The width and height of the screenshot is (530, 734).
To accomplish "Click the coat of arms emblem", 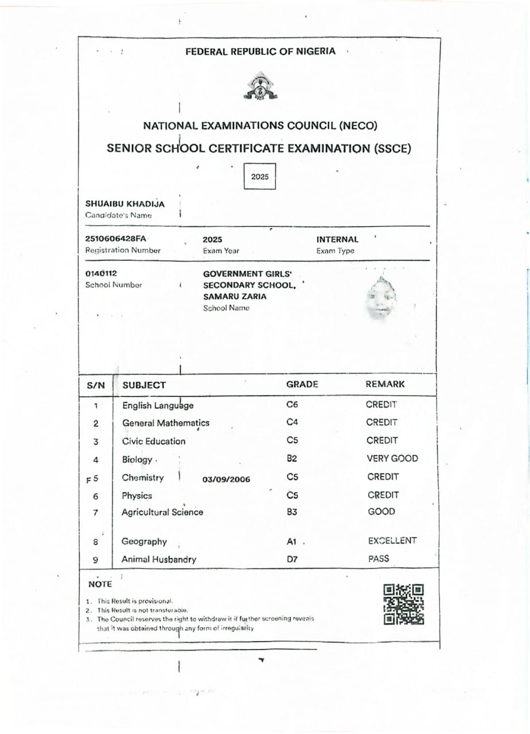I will pos(260,87).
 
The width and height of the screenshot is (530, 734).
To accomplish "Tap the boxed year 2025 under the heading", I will pos(260,177).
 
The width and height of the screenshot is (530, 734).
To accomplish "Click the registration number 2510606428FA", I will pos(116,239).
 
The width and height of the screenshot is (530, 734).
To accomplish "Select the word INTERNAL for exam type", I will pos(337,239).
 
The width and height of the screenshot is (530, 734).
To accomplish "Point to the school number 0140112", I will pos(101,274).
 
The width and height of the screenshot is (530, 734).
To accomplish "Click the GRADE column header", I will pos(302,384).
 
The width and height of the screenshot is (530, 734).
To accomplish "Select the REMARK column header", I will pos(385,384).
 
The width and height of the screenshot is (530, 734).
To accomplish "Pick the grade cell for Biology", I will pos(291,458).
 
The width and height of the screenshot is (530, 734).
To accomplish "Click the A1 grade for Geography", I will pos(293,541).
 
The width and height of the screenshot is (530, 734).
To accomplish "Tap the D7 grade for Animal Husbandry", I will pos(292,559).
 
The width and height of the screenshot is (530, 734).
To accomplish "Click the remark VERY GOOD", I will pos(392,458).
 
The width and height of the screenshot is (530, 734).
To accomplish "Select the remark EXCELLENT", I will pos(392,541).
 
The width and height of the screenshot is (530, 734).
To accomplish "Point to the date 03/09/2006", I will pos(226,479).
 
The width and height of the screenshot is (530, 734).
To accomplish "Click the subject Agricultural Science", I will pos(162,512).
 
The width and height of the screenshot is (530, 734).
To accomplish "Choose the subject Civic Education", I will pos(154,441).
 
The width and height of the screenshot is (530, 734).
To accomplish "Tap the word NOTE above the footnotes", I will pos(100,584).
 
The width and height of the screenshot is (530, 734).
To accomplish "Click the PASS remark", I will pos(379,558).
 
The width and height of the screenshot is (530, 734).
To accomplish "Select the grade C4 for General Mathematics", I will pos(292,423).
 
